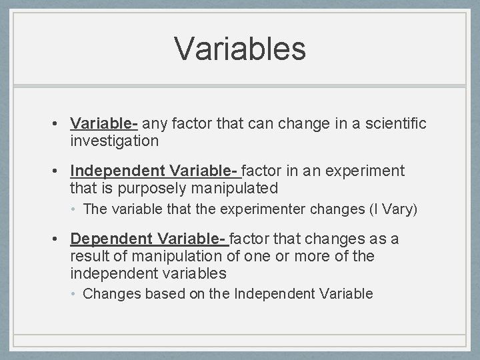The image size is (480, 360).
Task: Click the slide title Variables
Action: click(x=240, y=49)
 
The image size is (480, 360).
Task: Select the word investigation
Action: click(x=114, y=141)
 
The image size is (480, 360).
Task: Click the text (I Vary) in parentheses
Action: click(x=393, y=209)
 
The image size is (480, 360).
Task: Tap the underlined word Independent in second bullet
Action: click(x=118, y=171)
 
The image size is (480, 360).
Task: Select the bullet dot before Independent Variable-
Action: click(x=59, y=171)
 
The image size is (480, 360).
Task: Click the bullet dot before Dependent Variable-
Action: click(x=59, y=239)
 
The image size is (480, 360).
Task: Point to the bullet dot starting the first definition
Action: click(x=59, y=124)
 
